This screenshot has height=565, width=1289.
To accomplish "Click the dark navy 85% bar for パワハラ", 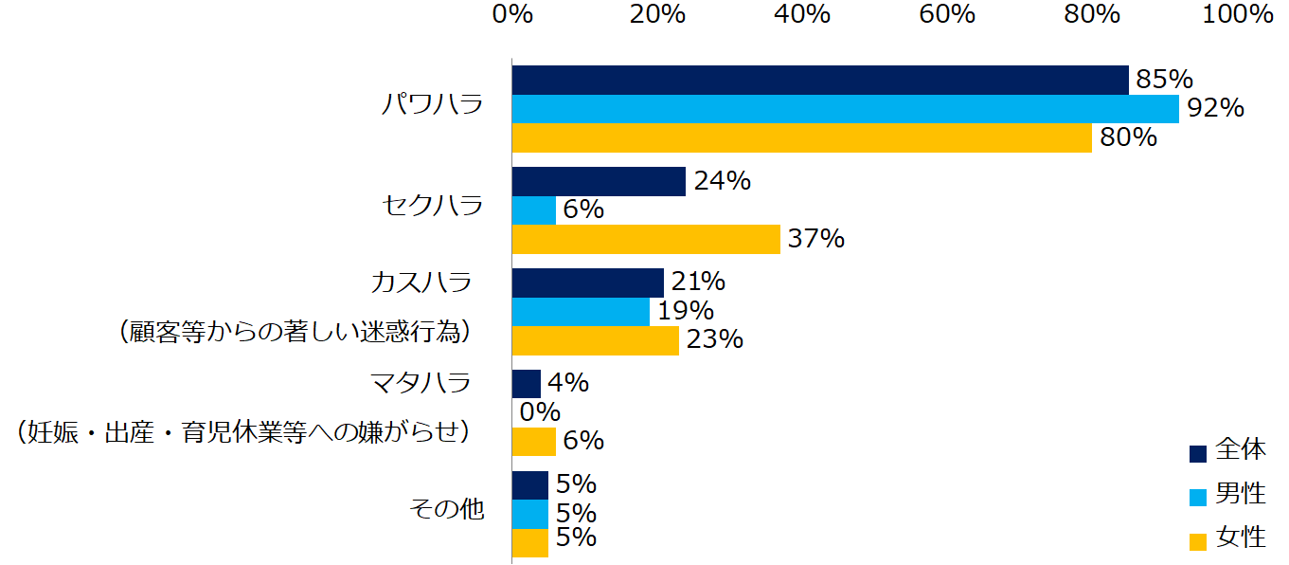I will (x=820, y=80).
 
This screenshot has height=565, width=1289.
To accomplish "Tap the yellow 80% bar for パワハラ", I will (x=801, y=137).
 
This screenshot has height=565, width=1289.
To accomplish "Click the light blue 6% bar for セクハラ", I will (x=534, y=210).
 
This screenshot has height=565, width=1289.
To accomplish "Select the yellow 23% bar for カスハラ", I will (x=596, y=340).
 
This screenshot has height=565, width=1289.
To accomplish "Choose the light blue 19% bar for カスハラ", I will (x=581, y=312).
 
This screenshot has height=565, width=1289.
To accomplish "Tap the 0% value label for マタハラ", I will (x=541, y=412).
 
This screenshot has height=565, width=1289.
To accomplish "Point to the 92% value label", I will (x=1215, y=109).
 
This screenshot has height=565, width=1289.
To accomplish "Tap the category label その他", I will (x=446, y=510).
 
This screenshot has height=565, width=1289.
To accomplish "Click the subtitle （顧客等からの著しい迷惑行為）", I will (x=295, y=333).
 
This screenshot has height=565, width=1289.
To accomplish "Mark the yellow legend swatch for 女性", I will (x=1198, y=541).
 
